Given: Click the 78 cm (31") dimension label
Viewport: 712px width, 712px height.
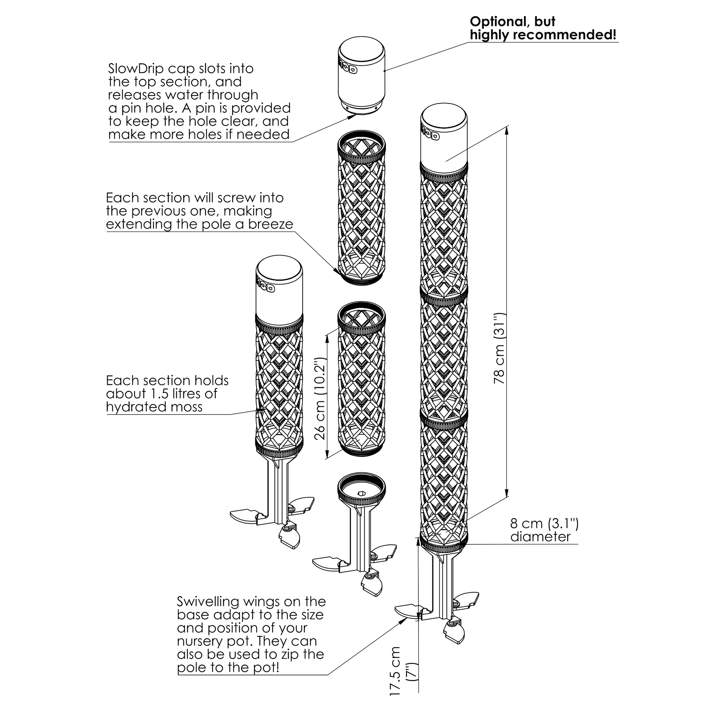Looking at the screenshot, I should pyautogui.click(x=500, y=348).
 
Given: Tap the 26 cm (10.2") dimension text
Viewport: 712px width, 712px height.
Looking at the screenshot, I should pyautogui.click(x=320, y=399).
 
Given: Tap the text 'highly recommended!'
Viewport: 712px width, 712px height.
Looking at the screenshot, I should pyautogui.click(x=543, y=35).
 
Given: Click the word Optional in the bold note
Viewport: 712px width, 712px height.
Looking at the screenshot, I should pyautogui.click(x=496, y=22).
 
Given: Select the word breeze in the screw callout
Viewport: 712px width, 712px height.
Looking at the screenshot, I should pyautogui.click(x=270, y=224).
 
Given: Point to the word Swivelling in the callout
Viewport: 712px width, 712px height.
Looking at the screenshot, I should pyautogui.click(x=208, y=602).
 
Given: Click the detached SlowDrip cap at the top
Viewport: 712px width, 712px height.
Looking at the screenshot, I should pyautogui.click(x=361, y=75).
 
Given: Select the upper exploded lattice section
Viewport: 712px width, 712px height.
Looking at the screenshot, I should pyautogui.click(x=361, y=208).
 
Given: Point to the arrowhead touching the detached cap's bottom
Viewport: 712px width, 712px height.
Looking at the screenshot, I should pyautogui.click(x=352, y=116).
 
